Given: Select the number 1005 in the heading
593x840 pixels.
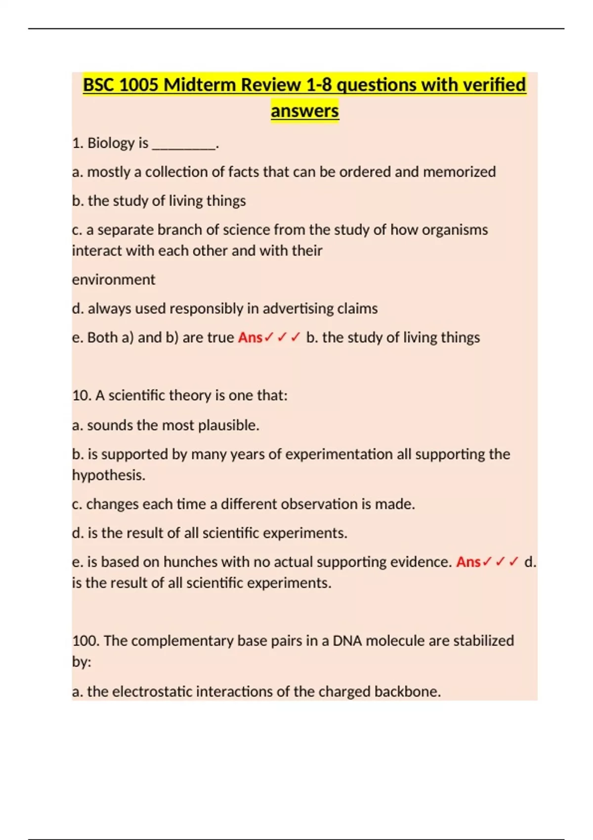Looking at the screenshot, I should (139, 85).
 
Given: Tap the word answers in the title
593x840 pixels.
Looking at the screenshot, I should (304, 111).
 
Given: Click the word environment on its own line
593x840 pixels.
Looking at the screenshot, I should (114, 280).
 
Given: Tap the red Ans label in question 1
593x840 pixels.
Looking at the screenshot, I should (250, 337).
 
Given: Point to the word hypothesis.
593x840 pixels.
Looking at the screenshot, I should (109, 475).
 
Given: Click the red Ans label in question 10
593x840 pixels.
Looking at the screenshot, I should (468, 562).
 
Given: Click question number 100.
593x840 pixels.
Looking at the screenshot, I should (85, 641).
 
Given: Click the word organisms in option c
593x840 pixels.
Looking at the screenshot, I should (455, 230).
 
